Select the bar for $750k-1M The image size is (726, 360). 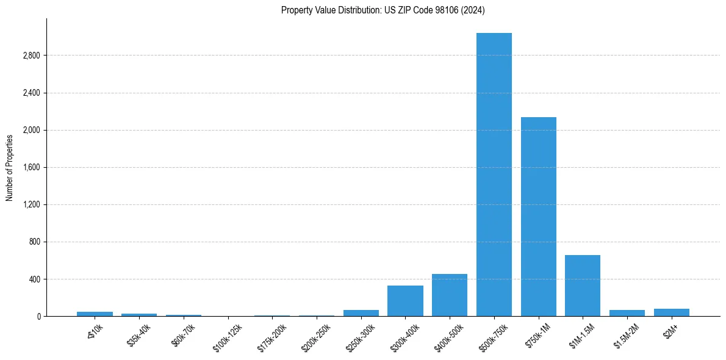(538, 217)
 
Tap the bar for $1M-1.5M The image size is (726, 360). (583, 286)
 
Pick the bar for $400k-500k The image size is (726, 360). (450, 295)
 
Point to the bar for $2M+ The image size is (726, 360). (671, 312)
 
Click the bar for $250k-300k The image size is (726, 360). (361, 313)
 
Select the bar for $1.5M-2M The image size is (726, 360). (627, 313)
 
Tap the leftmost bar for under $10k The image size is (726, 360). (95, 314)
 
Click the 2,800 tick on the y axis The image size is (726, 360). (31, 56)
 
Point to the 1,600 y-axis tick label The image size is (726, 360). (31, 167)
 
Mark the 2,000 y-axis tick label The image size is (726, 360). (31, 130)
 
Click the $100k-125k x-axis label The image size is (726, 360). (227, 336)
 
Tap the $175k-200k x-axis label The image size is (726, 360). (271, 336)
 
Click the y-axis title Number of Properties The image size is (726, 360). (10, 168)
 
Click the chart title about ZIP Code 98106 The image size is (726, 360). (383, 10)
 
